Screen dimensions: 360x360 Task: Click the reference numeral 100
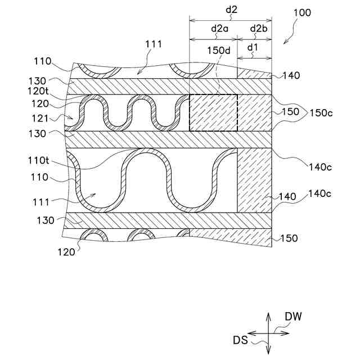point(301,13)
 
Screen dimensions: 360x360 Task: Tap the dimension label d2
point(231,10)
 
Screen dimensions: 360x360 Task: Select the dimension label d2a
point(216,28)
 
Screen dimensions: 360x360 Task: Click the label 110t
point(49,160)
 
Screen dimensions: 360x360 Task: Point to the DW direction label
point(293,317)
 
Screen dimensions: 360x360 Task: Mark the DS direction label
point(240,340)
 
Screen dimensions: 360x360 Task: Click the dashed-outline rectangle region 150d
point(213,112)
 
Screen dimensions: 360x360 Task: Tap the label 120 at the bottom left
point(66,252)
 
